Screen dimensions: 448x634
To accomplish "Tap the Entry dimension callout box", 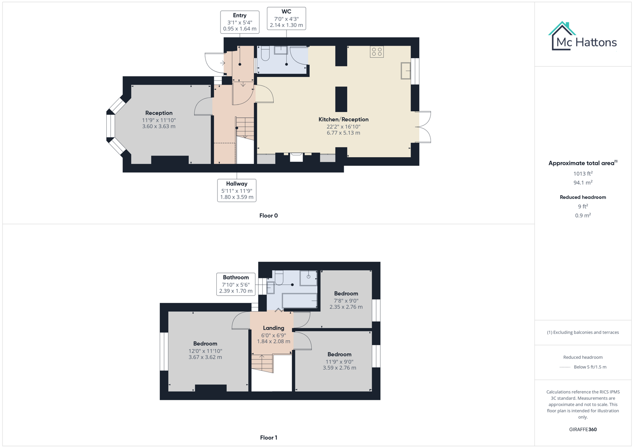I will [240, 22].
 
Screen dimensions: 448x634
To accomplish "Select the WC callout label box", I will [286, 18].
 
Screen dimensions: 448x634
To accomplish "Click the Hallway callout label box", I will [237, 190].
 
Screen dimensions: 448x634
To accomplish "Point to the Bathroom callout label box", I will [236, 284].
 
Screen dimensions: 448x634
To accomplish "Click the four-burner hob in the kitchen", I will [377, 52].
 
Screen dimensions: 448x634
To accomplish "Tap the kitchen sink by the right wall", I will [406, 71].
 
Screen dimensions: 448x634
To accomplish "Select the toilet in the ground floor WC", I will [265, 54].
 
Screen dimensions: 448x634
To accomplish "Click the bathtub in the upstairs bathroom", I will [299, 300].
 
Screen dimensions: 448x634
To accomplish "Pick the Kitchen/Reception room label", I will [343, 119].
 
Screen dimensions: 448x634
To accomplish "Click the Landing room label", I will [273, 328].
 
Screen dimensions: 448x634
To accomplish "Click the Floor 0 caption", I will [268, 216].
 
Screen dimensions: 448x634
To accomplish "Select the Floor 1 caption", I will [268, 438].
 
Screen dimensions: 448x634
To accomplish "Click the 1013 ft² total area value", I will [583, 174].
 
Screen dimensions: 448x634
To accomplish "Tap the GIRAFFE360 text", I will [583, 429].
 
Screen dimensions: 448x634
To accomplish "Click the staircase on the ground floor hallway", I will [245, 128].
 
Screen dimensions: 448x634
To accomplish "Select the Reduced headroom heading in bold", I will [583, 197].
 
